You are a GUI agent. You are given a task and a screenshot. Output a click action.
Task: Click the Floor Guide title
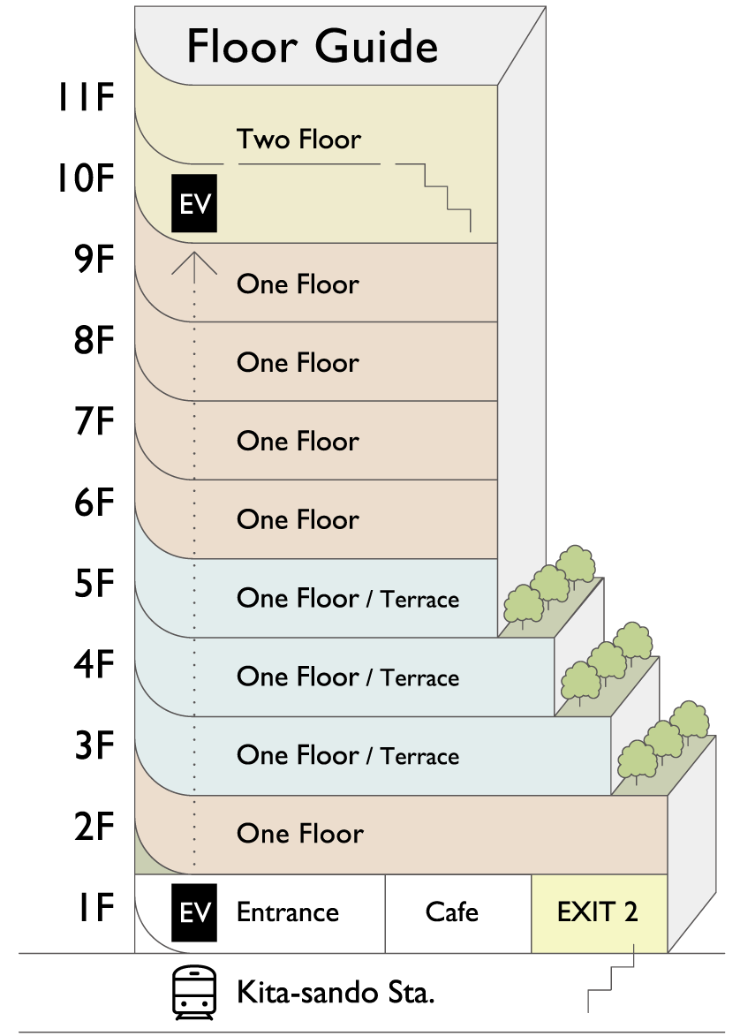tap(312, 47)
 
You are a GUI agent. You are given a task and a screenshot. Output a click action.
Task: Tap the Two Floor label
tap(298, 140)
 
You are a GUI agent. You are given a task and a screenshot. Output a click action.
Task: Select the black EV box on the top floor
tap(194, 204)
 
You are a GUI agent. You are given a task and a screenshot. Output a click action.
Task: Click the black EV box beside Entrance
tap(194, 911)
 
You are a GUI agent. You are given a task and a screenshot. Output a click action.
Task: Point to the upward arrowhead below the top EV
tap(193, 263)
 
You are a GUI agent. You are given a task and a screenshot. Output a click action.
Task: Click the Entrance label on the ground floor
tap(287, 911)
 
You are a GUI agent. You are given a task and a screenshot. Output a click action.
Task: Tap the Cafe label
tap(451, 911)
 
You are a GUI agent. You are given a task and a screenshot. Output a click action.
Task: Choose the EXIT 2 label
tap(597, 911)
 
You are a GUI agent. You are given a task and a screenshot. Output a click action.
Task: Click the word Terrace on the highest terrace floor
tap(419, 600)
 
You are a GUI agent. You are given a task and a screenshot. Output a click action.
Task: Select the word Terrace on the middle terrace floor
tap(419, 678)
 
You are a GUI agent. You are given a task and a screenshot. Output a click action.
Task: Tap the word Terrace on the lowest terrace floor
tap(419, 757)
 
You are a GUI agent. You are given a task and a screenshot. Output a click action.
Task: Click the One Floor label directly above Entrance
tap(299, 834)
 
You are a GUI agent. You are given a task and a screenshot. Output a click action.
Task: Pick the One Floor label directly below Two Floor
tap(298, 284)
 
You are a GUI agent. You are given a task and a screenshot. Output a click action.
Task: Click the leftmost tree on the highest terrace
tap(522, 604)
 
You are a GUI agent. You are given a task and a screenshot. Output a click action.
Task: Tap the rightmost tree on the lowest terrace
tap(690, 719)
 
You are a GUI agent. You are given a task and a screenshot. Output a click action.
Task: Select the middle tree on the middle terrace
tap(607, 660)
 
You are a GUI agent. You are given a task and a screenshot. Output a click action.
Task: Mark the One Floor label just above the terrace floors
tap(298, 519)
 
